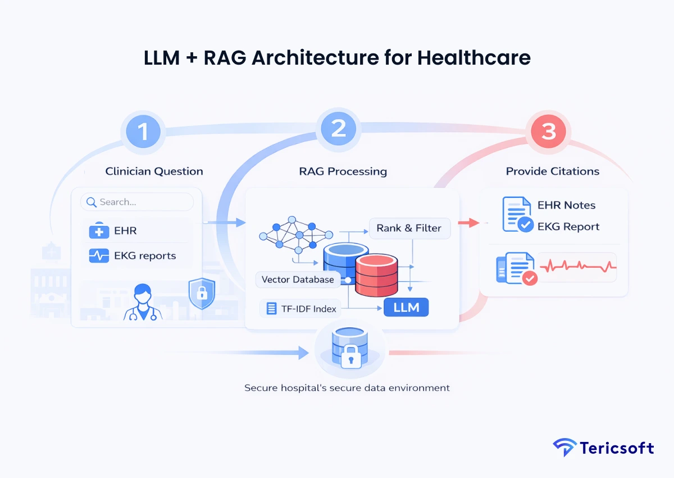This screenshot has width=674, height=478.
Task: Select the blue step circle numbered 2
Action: (x=338, y=129)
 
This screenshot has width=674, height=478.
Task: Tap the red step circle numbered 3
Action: (x=548, y=131)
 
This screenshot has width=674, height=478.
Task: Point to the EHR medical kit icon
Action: (x=99, y=231)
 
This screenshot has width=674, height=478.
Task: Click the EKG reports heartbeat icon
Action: (x=99, y=256)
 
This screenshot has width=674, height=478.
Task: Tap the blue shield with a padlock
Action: (x=202, y=294)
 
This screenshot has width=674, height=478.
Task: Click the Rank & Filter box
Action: (x=409, y=228)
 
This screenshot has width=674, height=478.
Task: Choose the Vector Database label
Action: (x=298, y=279)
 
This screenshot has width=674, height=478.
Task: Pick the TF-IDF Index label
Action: (x=301, y=308)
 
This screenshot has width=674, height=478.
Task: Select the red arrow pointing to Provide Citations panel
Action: (x=468, y=223)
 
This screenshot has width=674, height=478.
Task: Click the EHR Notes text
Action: (x=566, y=205)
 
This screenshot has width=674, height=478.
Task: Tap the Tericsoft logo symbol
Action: (x=564, y=448)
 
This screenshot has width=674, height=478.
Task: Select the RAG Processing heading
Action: (x=343, y=172)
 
